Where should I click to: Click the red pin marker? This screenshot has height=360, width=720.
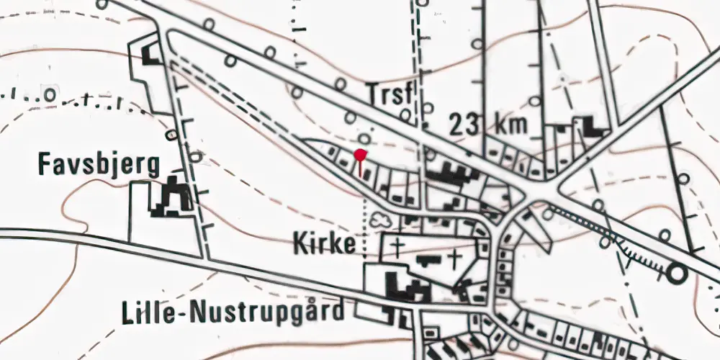click(x=361, y=154)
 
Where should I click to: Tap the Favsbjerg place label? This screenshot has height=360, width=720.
click(x=99, y=166)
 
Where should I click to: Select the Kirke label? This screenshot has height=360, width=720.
click(x=325, y=245)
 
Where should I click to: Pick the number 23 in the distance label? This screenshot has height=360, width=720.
click(x=466, y=125)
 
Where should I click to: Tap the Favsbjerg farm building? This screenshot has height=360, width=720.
click(x=171, y=196)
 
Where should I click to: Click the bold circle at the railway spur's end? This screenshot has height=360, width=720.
click(x=676, y=274)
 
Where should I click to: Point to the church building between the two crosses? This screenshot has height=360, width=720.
click(x=428, y=258)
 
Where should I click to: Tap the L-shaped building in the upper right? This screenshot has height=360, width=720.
click(x=592, y=127)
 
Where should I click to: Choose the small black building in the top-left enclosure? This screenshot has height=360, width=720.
click(x=151, y=55)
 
